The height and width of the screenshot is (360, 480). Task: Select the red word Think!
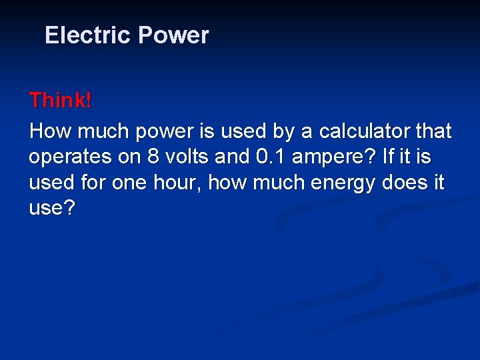pos(61,101)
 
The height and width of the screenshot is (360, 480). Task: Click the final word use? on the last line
pos(52,209)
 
